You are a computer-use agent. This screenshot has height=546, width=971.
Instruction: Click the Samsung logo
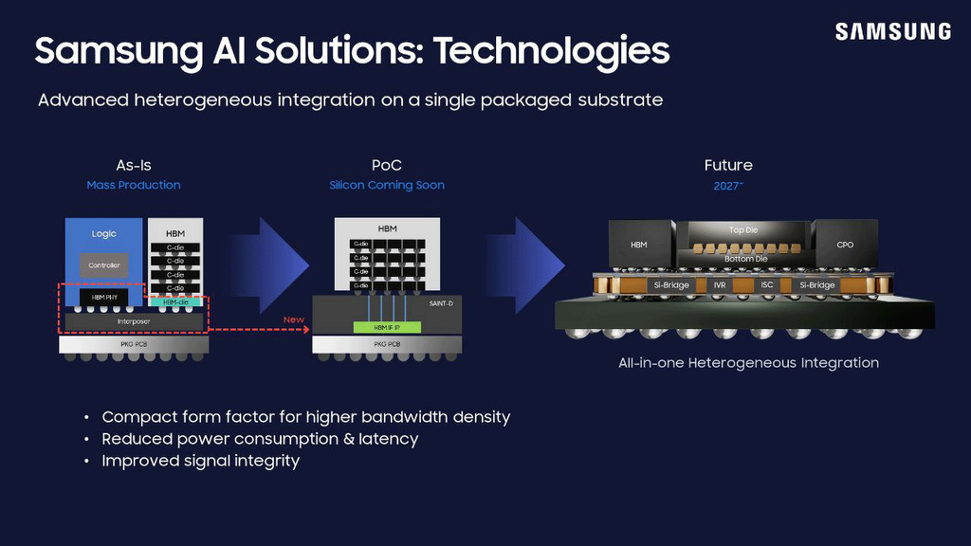892,31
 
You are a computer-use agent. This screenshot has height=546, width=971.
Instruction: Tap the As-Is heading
134,165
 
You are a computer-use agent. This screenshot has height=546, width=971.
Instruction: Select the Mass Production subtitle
134,185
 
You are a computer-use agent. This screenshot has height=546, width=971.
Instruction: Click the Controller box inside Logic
103,265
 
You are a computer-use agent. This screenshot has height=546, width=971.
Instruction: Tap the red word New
294,319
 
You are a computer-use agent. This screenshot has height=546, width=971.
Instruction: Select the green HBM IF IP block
387,327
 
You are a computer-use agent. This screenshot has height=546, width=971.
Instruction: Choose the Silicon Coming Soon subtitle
387,185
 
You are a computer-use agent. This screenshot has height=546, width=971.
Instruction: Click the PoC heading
387,165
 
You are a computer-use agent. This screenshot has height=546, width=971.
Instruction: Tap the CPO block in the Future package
844,245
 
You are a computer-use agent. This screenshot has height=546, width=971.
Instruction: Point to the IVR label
719,284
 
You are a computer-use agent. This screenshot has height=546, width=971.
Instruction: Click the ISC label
766,284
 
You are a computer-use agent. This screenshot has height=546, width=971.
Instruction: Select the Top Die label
742,230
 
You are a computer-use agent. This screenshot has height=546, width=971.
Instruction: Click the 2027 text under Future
727,186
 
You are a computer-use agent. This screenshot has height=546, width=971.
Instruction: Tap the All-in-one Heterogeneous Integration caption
748,363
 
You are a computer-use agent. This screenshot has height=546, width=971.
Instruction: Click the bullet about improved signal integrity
200,461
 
